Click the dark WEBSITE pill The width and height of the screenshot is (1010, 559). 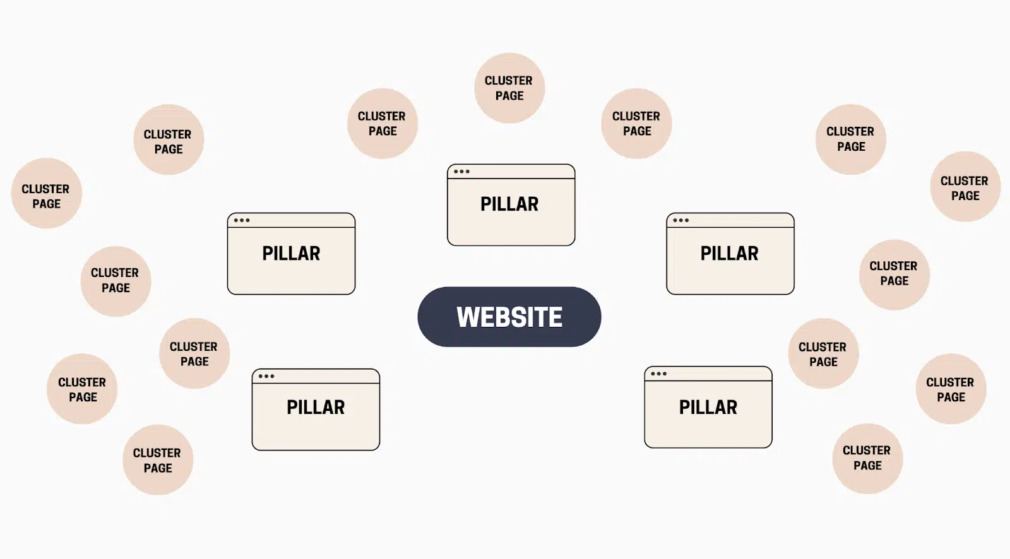pyautogui.click(x=509, y=317)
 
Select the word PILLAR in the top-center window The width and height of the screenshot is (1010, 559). pyautogui.click(x=509, y=204)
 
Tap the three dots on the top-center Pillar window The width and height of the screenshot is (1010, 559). pyautogui.click(x=461, y=172)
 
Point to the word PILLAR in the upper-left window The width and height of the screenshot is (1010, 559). pyautogui.click(x=291, y=253)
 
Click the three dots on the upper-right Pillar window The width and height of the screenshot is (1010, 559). pyautogui.click(x=680, y=220)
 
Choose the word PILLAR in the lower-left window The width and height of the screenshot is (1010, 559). pyautogui.click(x=316, y=407)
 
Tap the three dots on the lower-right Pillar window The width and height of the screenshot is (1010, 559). pyautogui.click(x=658, y=374)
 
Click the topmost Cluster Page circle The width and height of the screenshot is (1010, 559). pyautogui.click(x=509, y=88)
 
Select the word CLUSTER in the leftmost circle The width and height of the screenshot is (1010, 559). pyautogui.click(x=45, y=189)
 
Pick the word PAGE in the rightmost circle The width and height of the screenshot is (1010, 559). pyautogui.click(x=965, y=196)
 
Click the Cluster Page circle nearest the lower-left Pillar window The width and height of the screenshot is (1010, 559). pyautogui.click(x=194, y=353)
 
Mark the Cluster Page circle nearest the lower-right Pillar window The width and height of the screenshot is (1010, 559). pyautogui.click(x=823, y=353)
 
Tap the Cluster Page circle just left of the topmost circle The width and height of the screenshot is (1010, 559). pyautogui.click(x=383, y=124)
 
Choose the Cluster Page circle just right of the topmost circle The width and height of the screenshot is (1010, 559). pyautogui.click(x=636, y=124)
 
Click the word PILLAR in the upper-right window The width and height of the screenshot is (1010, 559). pyautogui.click(x=729, y=253)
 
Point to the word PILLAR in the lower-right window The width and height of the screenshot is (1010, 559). pyautogui.click(x=708, y=407)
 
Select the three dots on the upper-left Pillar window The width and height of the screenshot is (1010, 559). pyautogui.click(x=241, y=220)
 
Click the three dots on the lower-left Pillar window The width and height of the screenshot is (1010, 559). pyautogui.click(x=266, y=376)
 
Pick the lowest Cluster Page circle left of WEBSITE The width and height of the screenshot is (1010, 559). pyautogui.click(x=158, y=460)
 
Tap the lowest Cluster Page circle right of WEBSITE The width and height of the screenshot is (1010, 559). pyautogui.click(x=867, y=459)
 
